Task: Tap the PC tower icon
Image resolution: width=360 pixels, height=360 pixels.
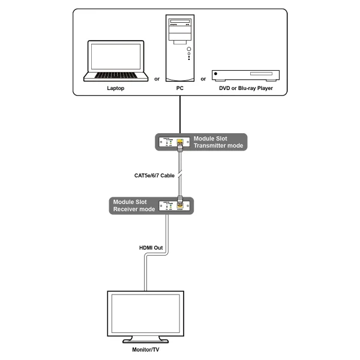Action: (179, 48)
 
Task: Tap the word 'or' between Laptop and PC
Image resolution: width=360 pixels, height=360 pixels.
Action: (157, 79)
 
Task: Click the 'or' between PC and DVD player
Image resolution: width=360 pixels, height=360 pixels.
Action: (203, 79)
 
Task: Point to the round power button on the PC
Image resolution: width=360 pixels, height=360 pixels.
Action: (189, 49)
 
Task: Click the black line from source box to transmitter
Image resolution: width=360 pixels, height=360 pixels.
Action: (180, 114)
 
